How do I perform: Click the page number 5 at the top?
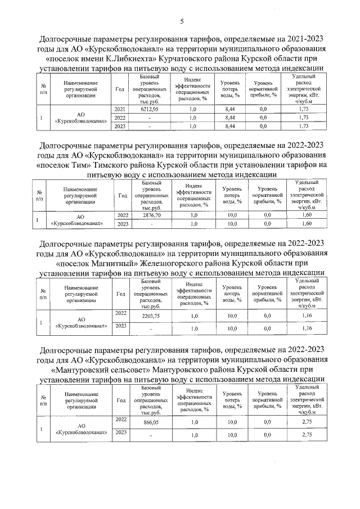tap(182, 22)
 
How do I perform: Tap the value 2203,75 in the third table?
tap(152, 317)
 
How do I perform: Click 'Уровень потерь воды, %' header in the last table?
tap(232, 402)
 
